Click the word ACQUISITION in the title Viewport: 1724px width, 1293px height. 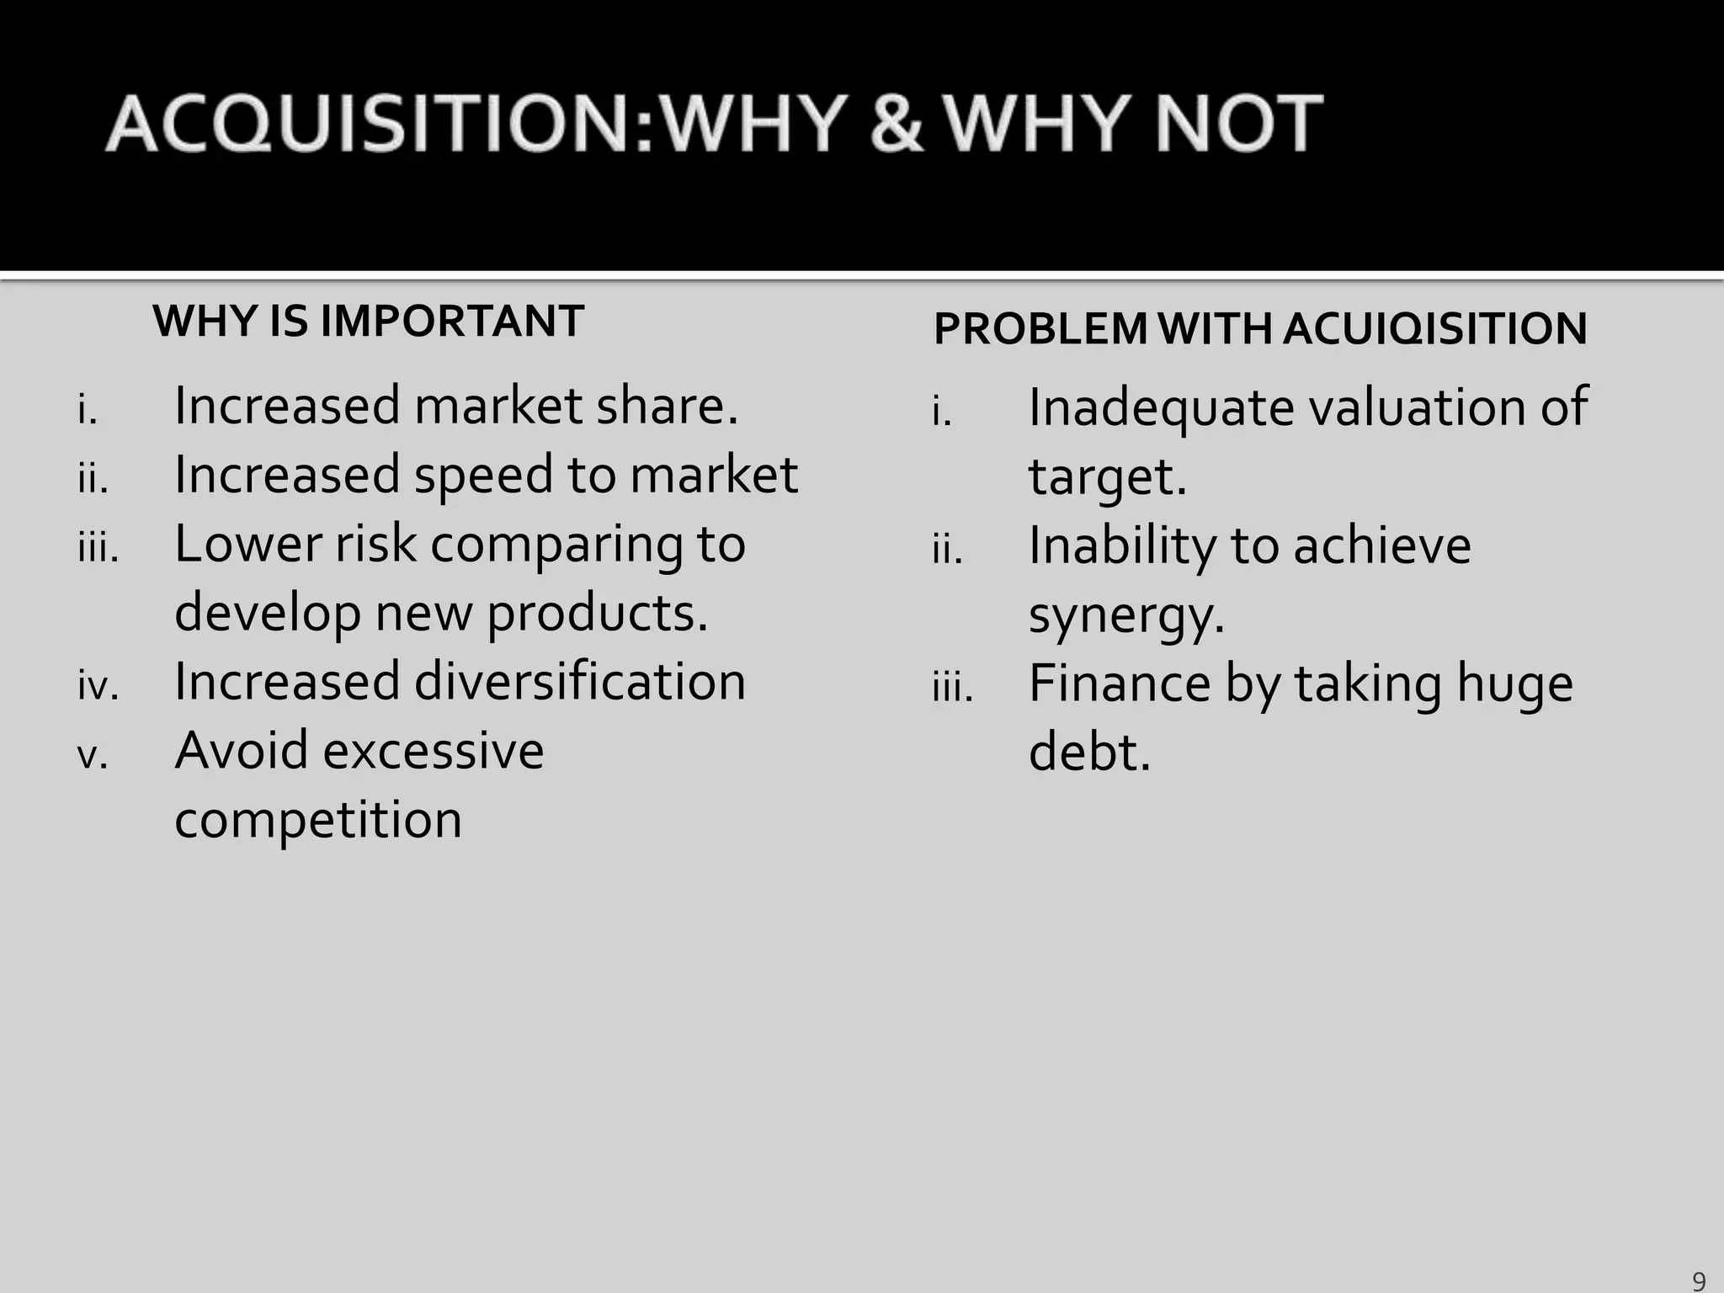(378, 125)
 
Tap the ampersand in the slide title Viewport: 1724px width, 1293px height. (896, 125)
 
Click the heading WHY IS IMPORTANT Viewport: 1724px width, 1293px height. (368, 322)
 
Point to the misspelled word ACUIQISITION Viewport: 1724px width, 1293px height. (1434, 328)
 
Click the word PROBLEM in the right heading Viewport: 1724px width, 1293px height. (1040, 328)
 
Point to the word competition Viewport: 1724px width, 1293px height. (318, 820)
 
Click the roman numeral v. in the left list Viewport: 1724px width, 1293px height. (92, 756)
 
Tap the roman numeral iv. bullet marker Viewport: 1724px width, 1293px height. (98, 686)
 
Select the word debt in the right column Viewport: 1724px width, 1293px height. (1088, 752)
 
